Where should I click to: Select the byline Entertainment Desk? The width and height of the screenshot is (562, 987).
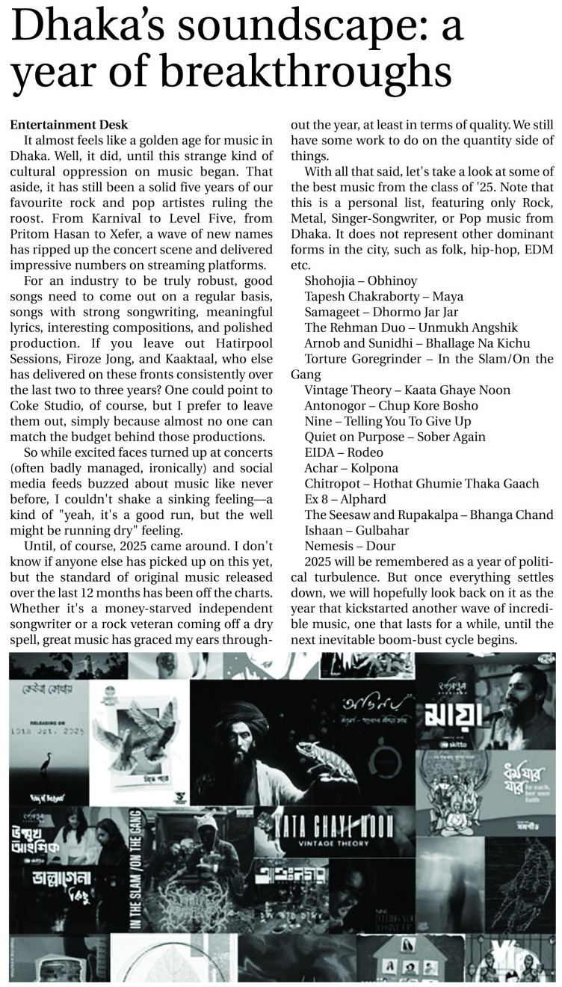(69, 124)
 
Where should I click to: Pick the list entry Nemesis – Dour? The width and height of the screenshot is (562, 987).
(349, 546)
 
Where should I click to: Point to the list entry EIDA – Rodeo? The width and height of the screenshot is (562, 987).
(344, 452)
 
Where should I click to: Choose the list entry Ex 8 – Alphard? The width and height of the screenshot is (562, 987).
(345, 499)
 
